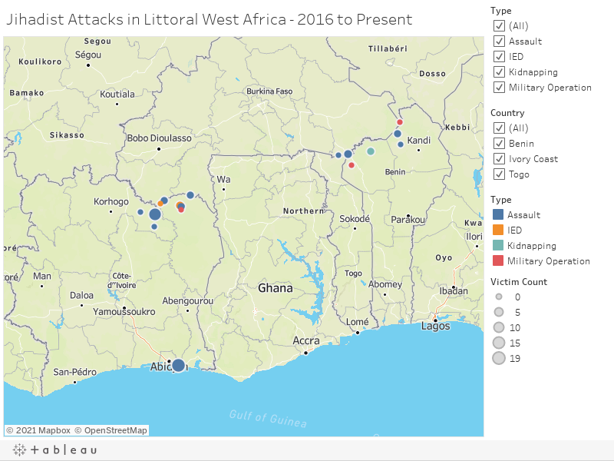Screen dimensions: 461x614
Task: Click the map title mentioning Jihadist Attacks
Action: pyautogui.click(x=209, y=20)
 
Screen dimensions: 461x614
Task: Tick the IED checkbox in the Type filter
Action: pyautogui.click(x=499, y=57)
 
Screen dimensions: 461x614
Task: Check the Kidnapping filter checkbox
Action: pyautogui.click(x=499, y=72)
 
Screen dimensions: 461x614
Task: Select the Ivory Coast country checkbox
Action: pyautogui.click(x=499, y=159)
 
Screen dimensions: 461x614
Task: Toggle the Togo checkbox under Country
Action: pyautogui.click(x=499, y=174)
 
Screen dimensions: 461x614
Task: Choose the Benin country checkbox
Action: pyautogui.click(x=499, y=144)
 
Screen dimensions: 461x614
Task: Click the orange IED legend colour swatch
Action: pyautogui.click(x=497, y=230)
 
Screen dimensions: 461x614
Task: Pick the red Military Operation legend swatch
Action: pyautogui.click(x=497, y=261)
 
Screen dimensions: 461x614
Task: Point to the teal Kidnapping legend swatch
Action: pyautogui.click(x=497, y=246)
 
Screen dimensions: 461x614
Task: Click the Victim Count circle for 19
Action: pyautogui.click(x=499, y=359)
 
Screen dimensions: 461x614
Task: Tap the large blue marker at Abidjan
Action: pyautogui.click(x=178, y=365)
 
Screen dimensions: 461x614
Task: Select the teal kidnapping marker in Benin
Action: pyautogui.click(x=371, y=151)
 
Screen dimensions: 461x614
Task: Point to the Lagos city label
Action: pyautogui.click(x=436, y=327)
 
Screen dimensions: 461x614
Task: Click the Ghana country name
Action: pyautogui.click(x=276, y=289)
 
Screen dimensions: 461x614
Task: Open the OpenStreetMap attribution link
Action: pyautogui.click(x=116, y=430)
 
